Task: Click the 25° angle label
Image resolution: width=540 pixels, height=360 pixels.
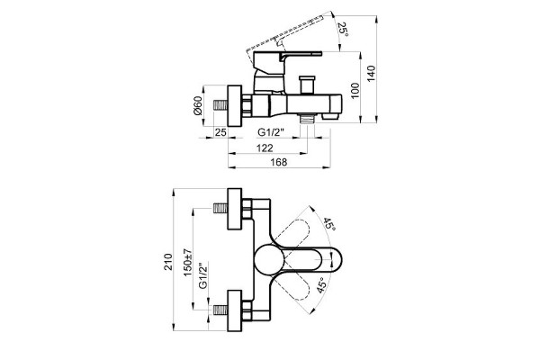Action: tap(343, 31)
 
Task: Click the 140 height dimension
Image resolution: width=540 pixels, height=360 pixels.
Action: tap(371, 74)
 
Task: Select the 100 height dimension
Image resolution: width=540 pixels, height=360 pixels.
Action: tap(355, 91)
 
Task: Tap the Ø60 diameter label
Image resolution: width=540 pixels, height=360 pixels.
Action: tap(197, 106)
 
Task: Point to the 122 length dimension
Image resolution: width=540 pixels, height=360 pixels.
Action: tap(265, 148)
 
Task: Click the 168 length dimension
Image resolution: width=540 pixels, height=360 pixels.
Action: tap(279, 162)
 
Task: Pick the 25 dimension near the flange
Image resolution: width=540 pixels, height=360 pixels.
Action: tap(220, 132)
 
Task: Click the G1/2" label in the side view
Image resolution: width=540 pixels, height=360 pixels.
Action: tap(271, 132)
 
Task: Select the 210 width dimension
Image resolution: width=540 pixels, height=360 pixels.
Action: tap(167, 262)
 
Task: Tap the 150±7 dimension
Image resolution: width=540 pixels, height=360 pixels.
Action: tap(188, 262)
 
